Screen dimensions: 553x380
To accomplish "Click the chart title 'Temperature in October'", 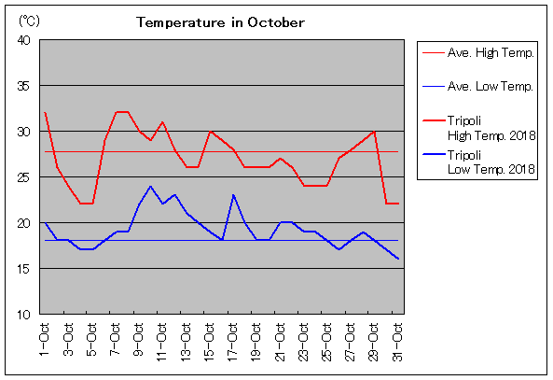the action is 220,22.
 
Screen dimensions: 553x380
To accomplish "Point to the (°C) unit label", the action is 29,21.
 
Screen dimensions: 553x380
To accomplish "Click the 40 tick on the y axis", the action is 24,40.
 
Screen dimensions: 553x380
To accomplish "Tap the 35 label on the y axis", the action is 24,86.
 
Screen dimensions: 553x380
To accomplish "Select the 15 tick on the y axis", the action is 24,269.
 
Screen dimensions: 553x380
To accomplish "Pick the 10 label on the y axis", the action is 24,315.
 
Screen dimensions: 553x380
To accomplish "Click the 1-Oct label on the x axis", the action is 45,340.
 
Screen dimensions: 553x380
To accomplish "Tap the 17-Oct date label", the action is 232,342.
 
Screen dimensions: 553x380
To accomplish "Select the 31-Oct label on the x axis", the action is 397,342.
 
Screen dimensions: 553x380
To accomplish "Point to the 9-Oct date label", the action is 139,340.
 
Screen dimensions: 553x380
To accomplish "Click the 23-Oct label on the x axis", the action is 303,342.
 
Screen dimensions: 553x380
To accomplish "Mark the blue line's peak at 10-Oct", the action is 150,186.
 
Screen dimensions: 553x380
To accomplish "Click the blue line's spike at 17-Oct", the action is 233,195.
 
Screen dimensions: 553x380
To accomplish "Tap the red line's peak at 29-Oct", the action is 374,132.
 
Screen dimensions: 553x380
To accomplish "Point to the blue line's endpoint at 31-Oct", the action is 398,259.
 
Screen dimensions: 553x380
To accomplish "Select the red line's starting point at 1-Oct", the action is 45,113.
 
